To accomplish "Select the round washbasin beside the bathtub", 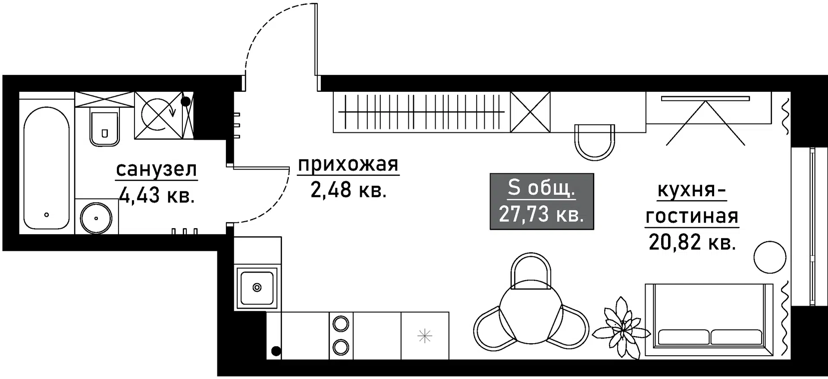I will click(x=96, y=218).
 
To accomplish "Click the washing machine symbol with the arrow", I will click(x=158, y=115).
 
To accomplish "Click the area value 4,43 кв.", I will click(x=157, y=195).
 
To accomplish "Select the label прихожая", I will click(x=348, y=164).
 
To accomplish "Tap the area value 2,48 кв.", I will click(x=348, y=190).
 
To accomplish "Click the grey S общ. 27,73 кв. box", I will click(x=542, y=201).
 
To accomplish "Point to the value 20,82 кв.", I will click(x=692, y=242).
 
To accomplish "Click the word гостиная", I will click(x=692, y=216).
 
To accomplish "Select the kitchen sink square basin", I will click(x=257, y=288).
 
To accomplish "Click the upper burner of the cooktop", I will click(x=341, y=324).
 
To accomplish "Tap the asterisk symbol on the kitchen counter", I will click(x=425, y=336).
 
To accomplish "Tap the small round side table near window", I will click(x=770, y=257).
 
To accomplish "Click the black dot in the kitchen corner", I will click(x=276, y=351).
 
